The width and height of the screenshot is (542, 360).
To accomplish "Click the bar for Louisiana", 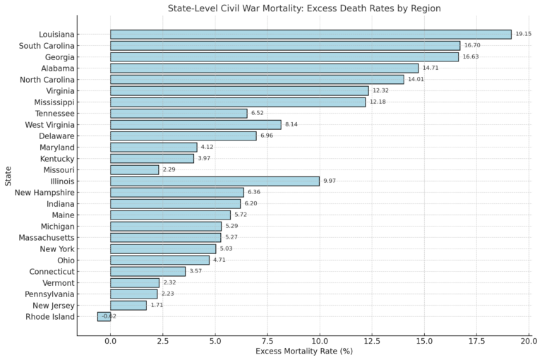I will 311,34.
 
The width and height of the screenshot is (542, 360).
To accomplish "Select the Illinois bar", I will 215,181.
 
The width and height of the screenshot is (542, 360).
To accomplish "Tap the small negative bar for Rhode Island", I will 104,316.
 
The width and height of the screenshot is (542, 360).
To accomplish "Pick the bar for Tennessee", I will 179,113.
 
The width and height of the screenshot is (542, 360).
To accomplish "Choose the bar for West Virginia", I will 195,124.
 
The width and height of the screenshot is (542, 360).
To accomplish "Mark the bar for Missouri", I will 134,169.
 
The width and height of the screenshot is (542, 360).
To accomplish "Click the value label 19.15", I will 523,34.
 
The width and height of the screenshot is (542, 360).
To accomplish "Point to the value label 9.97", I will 330,181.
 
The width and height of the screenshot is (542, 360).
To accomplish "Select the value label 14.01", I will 415,79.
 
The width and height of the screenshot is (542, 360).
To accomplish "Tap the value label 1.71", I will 157,305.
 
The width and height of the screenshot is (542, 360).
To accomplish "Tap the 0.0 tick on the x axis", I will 111,342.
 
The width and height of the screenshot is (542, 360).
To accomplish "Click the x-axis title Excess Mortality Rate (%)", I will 303,352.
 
